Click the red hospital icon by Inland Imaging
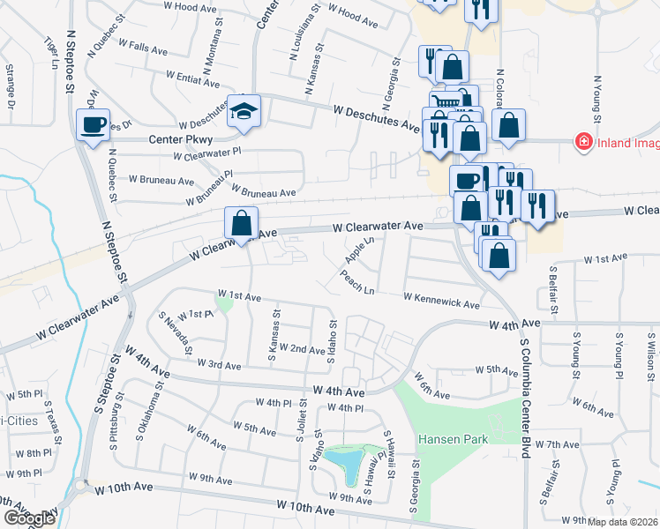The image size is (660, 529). pyautogui.click(x=582, y=140)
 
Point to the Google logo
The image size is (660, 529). pyautogui.click(x=28, y=518)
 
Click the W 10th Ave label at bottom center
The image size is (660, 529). pyautogui.click(x=305, y=508)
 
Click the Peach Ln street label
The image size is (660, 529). pyautogui.click(x=356, y=282)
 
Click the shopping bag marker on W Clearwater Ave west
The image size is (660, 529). pyautogui.click(x=241, y=223)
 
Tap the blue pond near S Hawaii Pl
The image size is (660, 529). pyautogui.click(x=347, y=458)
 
